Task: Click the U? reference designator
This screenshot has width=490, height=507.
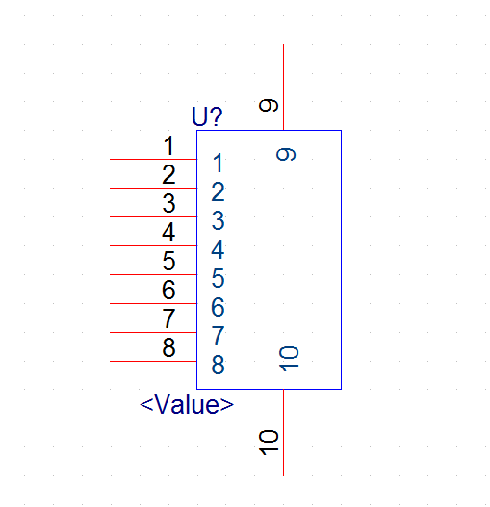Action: [x=207, y=116]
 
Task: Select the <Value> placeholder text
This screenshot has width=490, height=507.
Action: [x=187, y=404]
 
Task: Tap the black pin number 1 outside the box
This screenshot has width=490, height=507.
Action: [x=168, y=145]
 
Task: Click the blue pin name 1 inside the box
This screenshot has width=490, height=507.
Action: [x=219, y=163]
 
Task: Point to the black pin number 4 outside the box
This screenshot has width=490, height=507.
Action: [x=168, y=232]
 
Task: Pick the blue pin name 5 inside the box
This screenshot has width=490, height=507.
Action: [x=218, y=278]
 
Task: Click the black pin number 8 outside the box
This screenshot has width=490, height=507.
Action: [x=168, y=347]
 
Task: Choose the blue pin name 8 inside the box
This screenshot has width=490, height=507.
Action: [x=218, y=365]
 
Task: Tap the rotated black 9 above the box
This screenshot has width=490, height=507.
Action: [x=269, y=106]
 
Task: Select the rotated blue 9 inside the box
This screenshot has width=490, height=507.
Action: [x=286, y=154]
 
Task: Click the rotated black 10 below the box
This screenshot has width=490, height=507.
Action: [x=269, y=443]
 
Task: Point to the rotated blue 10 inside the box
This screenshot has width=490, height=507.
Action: [x=289, y=359]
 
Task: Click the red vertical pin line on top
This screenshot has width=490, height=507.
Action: [x=284, y=88]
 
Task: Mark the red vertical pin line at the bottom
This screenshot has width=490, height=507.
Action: [x=284, y=432]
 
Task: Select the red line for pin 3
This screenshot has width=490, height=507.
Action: [x=153, y=217]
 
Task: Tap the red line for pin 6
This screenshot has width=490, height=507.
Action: [x=153, y=304]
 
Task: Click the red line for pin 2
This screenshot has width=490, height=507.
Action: [x=153, y=188]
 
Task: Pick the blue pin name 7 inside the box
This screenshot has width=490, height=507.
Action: [x=218, y=336]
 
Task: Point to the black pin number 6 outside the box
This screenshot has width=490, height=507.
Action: [x=168, y=290]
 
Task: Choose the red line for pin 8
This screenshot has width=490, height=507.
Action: [x=153, y=361]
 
